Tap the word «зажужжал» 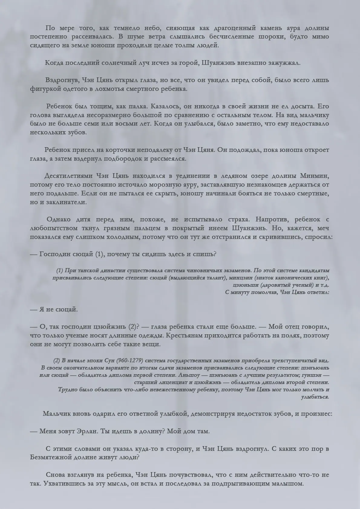pos(283,63)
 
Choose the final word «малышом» pos(287,483)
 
